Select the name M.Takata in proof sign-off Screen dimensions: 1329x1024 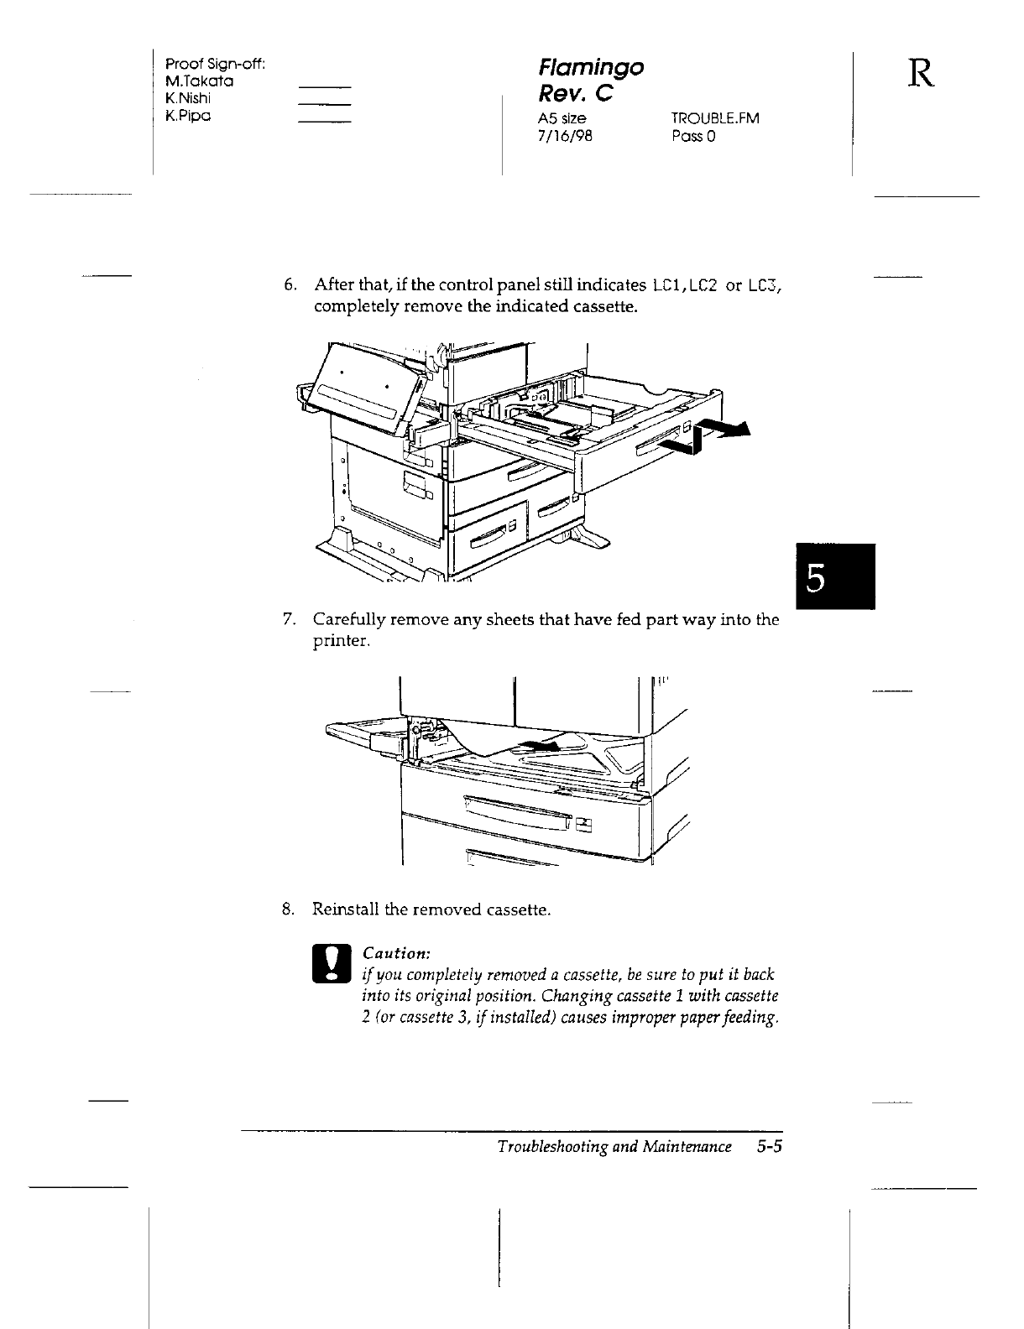200,81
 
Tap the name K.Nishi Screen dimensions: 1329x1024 189,98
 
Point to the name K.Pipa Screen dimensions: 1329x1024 187,115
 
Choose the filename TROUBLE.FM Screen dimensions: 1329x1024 715,118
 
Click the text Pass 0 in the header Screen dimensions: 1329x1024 692,135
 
